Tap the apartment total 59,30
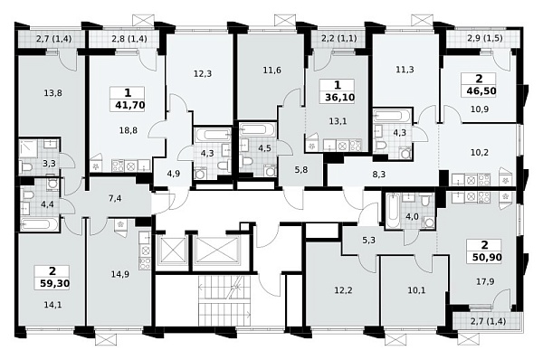(54, 284)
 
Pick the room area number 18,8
(129, 130)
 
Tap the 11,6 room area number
(272, 71)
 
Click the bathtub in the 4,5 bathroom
(258, 129)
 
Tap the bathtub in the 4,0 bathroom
(392, 212)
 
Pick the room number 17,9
(485, 281)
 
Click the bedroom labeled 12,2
(343, 289)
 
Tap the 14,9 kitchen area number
(120, 274)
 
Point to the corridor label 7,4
(115, 199)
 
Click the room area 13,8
(53, 93)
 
